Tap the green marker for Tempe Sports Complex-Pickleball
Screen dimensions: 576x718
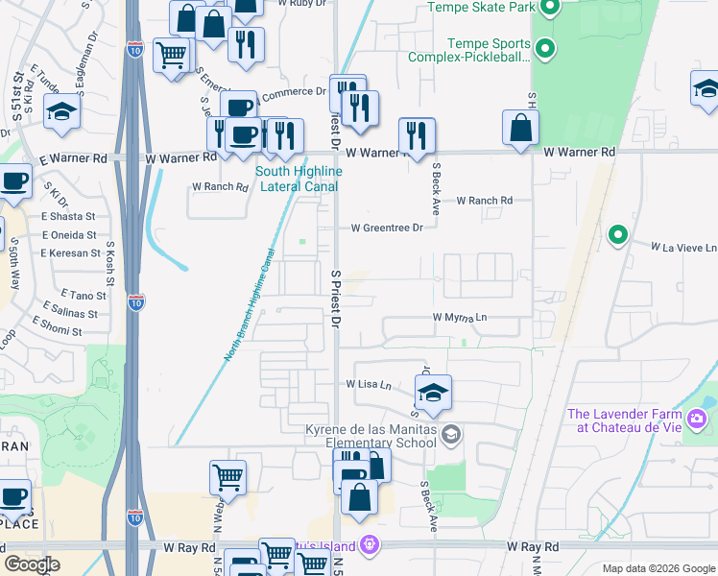(545, 48)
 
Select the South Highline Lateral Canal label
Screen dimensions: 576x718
(299, 179)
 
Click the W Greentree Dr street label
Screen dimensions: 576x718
(387, 228)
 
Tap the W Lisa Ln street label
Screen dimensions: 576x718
(369, 384)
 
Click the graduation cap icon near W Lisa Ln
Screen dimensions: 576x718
(433, 392)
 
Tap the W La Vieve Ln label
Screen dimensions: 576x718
(683, 247)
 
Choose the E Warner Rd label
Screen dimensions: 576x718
(70, 157)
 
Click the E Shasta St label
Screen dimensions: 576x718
(69, 216)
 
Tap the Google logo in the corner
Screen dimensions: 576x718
(32, 564)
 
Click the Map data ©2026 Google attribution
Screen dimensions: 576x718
(657, 568)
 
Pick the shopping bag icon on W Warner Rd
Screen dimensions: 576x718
(520, 128)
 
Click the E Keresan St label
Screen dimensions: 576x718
(70, 253)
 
